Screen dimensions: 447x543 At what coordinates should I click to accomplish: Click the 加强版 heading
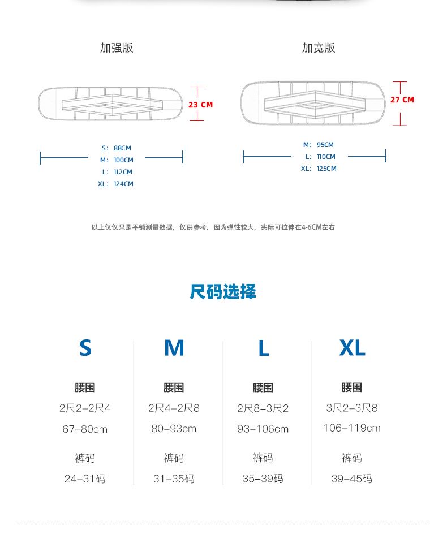pos(117,48)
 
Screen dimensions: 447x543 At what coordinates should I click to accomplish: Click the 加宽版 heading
pos(319,48)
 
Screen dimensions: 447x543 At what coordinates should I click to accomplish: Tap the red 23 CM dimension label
pos(200,105)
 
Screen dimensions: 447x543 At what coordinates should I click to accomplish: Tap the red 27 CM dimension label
pos(402,100)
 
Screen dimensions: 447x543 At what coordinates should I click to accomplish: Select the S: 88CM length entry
pos(115,148)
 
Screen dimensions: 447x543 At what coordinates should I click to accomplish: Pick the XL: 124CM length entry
pos(115,184)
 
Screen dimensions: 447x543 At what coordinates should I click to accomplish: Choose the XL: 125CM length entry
pos(319,169)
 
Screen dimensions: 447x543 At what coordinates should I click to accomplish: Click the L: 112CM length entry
pos(117,172)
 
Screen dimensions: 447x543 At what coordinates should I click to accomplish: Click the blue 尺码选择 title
pos(223,292)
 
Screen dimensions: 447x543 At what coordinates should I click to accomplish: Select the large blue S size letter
pos(85,348)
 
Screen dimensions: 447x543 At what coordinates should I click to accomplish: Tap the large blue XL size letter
pos(353,348)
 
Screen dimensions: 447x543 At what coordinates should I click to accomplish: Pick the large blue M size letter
pos(174,348)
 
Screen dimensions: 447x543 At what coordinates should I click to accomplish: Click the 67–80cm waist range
pos(85,429)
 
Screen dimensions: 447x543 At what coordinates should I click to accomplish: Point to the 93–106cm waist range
pos(263,429)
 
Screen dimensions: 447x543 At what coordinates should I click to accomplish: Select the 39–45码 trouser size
pos(352,479)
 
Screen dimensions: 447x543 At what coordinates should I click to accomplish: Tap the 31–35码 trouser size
pos(174,479)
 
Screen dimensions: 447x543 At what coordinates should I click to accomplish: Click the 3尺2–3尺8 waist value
pos(352,408)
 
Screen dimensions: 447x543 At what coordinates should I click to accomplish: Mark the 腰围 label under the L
pos(263,387)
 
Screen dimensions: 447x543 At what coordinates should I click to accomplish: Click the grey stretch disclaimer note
pos(213,227)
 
